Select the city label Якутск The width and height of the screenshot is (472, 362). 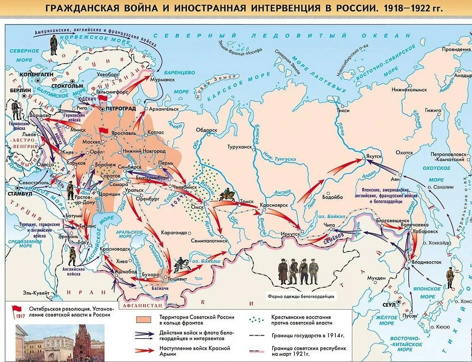point(373,157)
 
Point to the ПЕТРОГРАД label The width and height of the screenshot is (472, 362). point(121,109)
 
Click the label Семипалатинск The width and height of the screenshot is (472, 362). point(209,240)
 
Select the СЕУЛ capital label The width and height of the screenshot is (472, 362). point(390,305)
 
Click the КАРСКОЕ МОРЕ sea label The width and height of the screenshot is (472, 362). point(232,83)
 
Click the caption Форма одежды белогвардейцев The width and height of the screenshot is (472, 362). point(302,296)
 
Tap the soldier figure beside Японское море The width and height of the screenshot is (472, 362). point(450,278)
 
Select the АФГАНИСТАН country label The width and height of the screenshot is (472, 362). point(139,306)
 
